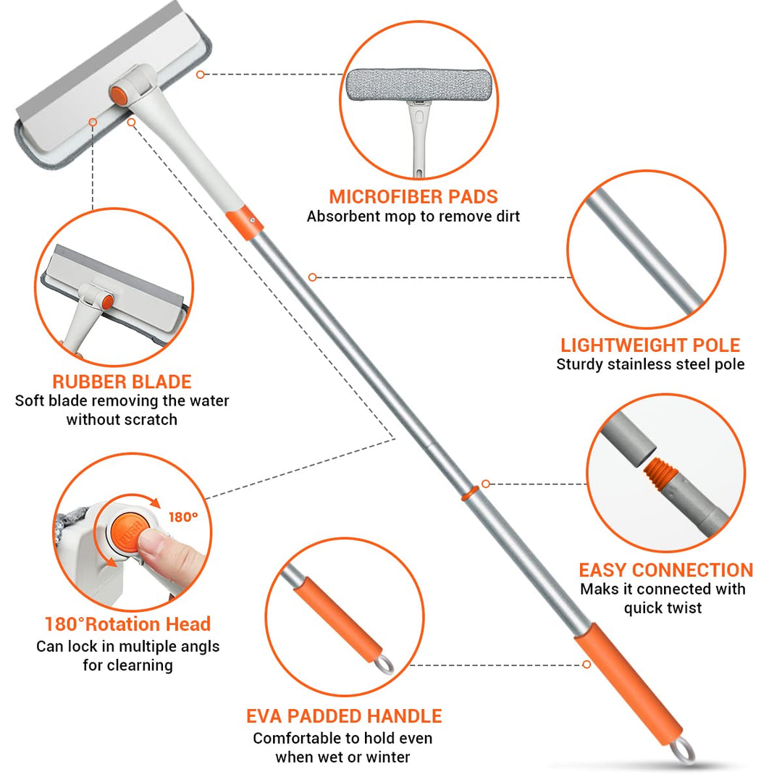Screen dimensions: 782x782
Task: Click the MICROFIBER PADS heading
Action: coord(413,196)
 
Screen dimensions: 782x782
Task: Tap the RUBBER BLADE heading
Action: coord(122,382)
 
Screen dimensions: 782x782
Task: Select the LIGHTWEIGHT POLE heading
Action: coord(650,345)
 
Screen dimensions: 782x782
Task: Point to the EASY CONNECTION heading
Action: coord(666,570)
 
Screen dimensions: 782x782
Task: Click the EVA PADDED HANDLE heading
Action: coord(344,716)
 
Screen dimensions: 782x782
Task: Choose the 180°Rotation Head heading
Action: coord(127,624)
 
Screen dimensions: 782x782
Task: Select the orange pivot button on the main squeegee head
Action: coord(119,96)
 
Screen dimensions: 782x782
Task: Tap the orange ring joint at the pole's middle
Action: coord(470,493)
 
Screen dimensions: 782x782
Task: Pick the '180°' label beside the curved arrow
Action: coord(183,517)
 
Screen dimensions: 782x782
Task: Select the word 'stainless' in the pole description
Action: coord(639,364)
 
